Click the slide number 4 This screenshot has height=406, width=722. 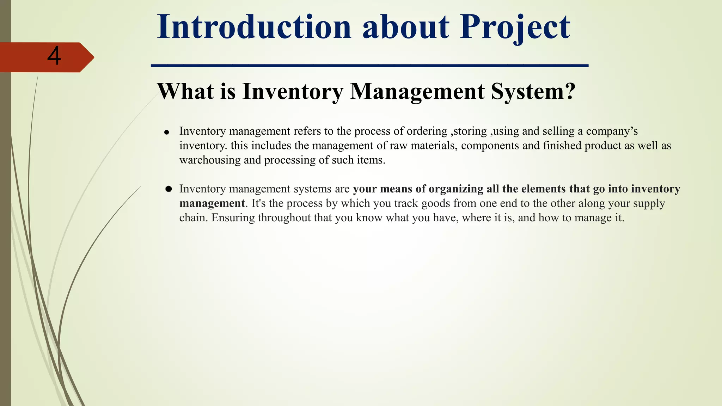[54, 56]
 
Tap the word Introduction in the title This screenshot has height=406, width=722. [254, 27]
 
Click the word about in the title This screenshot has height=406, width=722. [406, 27]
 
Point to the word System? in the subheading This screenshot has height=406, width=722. [533, 92]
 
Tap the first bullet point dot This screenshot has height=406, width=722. [167, 133]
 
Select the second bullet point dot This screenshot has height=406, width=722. [169, 189]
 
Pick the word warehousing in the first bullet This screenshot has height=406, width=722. [210, 160]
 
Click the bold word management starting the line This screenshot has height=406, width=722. [212, 204]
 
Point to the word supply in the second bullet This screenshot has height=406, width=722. [650, 204]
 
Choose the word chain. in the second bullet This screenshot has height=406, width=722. [194, 218]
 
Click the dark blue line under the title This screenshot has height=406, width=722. [369, 66]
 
